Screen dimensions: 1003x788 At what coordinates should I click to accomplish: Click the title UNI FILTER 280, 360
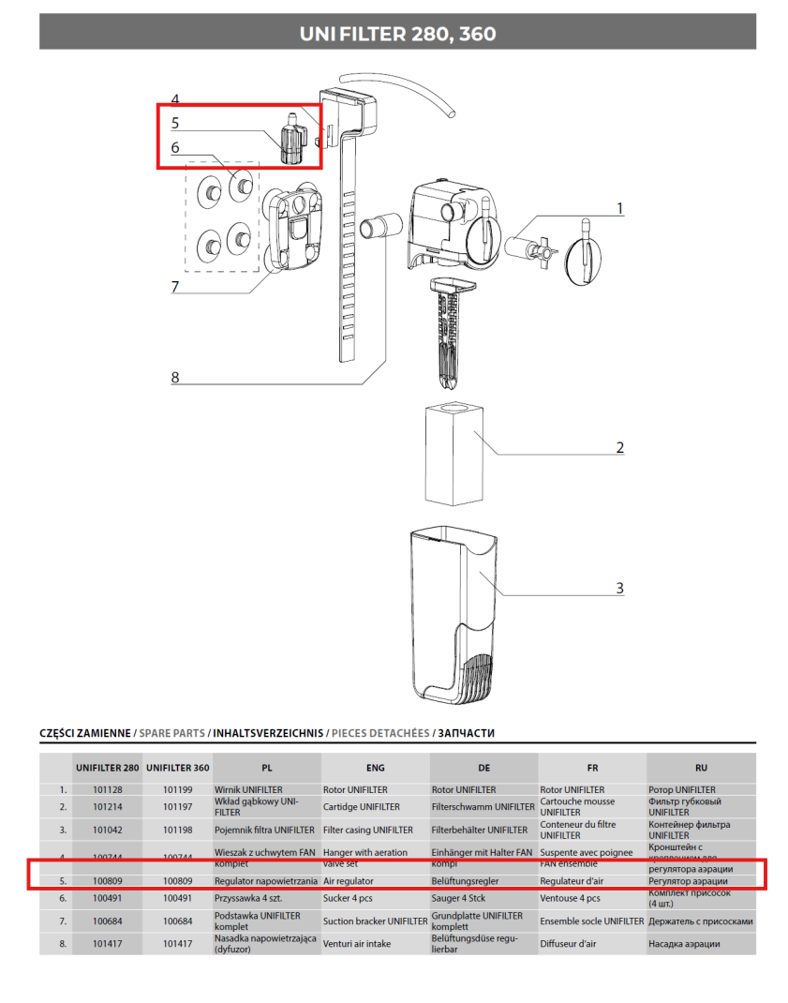pos(397,35)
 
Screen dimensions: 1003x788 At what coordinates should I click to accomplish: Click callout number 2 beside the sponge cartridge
pos(619,448)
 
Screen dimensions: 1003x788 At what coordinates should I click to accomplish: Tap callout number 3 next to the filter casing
pos(619,589)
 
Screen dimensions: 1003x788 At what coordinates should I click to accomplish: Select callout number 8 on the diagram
pos(174,378)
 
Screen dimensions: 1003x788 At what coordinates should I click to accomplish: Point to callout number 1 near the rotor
pos(619,208)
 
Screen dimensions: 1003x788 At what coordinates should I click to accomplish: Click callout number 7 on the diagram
pos(174,287)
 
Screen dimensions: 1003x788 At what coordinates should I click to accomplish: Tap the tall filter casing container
pos(454,614)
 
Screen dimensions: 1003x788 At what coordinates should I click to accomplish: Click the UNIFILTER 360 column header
pos(177,768)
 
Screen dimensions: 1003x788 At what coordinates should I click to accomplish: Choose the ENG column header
pos(375,768)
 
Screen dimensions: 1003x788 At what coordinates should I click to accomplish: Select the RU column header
pos(701,768)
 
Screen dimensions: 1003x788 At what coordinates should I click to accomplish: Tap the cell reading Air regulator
pos(349,881)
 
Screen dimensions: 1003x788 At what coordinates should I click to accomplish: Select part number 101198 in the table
pos(177,830)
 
